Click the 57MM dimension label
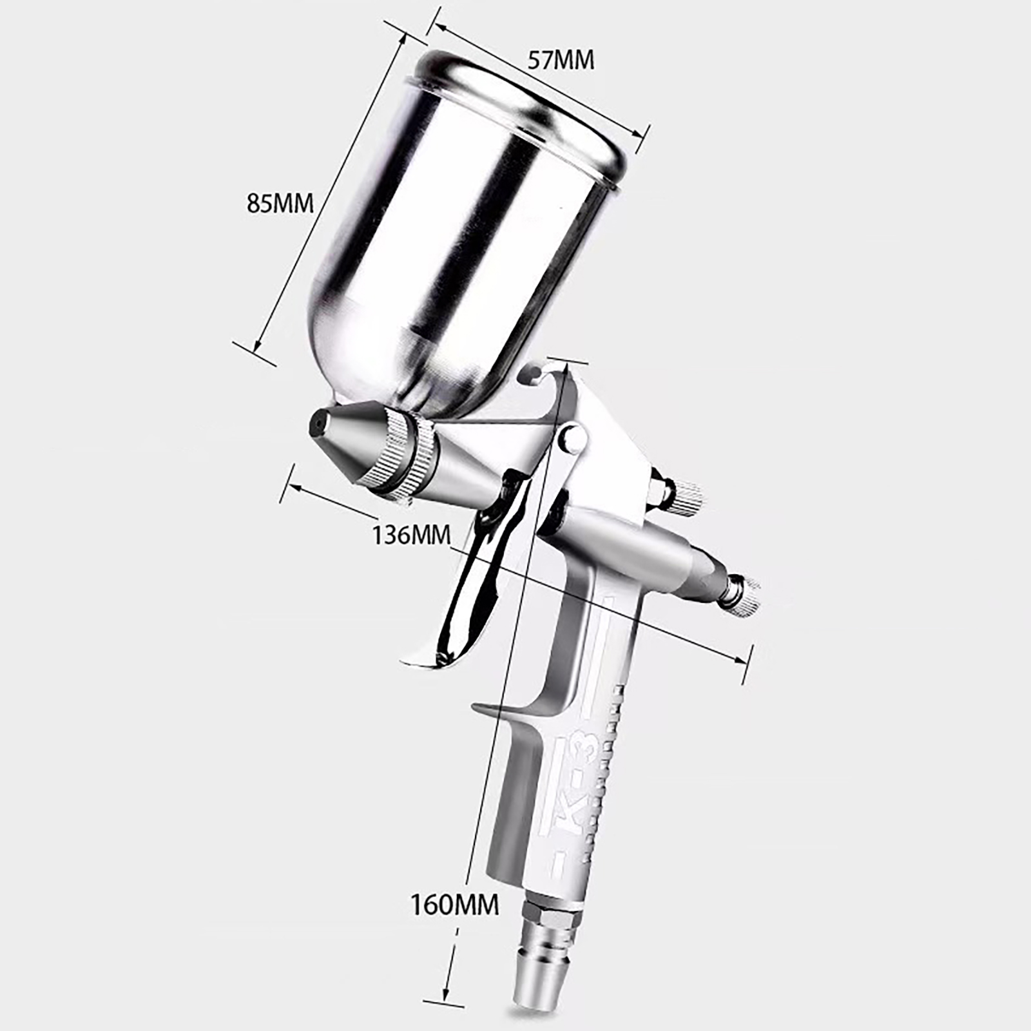561,60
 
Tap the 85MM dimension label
280,204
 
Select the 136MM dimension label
411,534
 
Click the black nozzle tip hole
316,423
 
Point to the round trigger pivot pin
572,439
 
